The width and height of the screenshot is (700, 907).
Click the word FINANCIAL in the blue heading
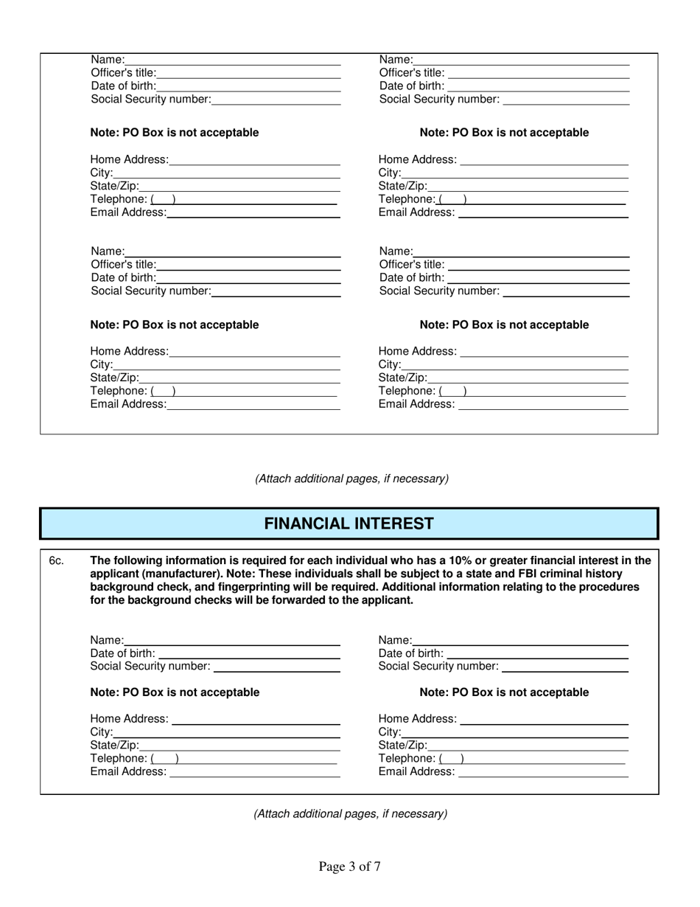coord(307,524)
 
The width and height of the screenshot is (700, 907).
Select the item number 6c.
coord(57,561)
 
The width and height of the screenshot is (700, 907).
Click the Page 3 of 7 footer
coord(349,866)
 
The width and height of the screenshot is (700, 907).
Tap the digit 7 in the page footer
coord(377,866)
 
